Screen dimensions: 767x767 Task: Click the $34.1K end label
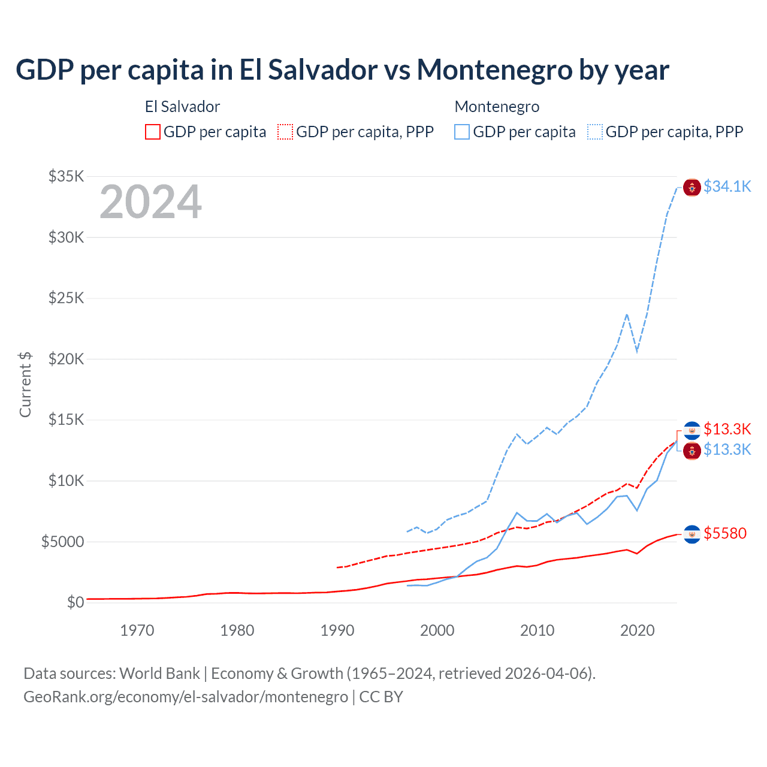727,186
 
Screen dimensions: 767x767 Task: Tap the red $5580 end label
725,533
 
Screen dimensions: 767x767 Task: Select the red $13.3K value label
727,429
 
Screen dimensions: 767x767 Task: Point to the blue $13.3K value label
727,449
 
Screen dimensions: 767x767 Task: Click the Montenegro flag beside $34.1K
692,187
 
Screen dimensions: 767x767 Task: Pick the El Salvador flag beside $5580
692,534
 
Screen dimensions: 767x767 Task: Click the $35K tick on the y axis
67,176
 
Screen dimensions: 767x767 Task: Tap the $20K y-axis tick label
67,359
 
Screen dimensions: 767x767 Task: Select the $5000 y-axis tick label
62,542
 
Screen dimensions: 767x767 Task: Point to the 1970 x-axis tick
137,630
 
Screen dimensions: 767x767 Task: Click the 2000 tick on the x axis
437,630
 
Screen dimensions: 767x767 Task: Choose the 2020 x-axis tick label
638,630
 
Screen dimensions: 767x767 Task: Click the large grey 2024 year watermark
150,202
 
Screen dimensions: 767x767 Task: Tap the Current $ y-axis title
25,384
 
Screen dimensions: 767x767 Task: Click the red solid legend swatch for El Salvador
153,132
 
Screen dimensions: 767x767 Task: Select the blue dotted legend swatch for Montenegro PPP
595,132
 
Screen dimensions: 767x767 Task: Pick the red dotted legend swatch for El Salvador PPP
285,132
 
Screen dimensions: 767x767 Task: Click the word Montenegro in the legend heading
497,107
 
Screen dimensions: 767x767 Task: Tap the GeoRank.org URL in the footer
186,697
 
